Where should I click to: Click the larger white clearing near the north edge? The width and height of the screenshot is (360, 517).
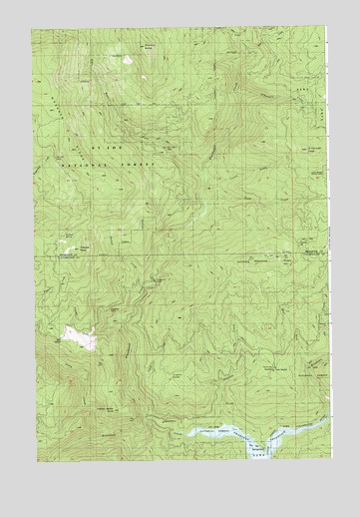[x=128, y=60]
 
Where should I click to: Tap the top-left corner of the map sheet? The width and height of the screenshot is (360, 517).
[x=31, y=29]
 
